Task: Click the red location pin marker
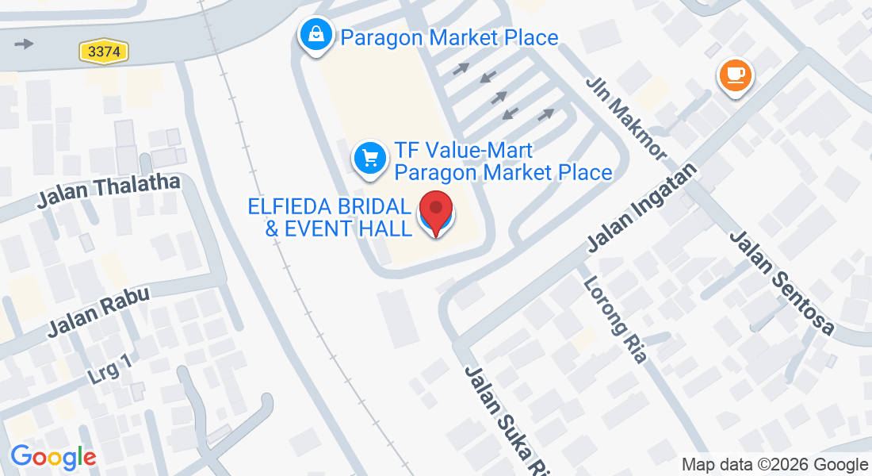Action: [435, 211]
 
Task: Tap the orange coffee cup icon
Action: [735, 75]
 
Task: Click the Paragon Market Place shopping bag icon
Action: [316, 35]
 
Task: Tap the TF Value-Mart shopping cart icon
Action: [369, 158]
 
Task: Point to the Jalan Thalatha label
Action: [109, 192]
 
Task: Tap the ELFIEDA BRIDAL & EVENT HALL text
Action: [330, 217]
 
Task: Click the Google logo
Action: [53, 457]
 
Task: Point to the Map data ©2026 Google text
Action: [775, 465]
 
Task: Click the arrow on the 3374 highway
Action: [25, 43]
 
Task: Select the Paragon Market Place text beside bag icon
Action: [449, 37]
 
